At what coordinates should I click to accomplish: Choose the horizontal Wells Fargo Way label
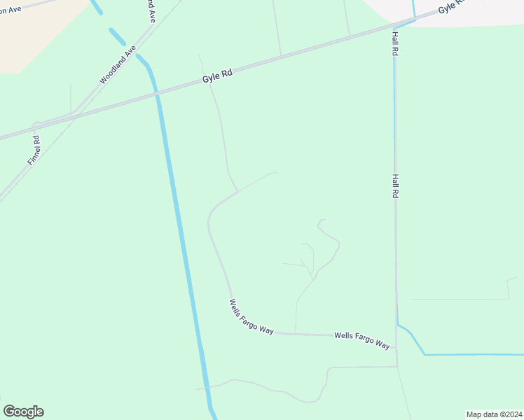click(361, 340)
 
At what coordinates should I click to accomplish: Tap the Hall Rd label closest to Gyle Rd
click(396, 43)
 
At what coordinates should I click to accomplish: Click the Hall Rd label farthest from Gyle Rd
click(396, 186)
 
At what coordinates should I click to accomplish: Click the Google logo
click(23, 412)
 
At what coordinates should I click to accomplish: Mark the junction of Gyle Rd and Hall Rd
click(394, 28)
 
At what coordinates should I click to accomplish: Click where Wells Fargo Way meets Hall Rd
click(397, 347)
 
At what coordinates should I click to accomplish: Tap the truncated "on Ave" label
click(10, 9)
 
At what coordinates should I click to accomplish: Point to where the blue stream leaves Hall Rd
click(398, 323)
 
